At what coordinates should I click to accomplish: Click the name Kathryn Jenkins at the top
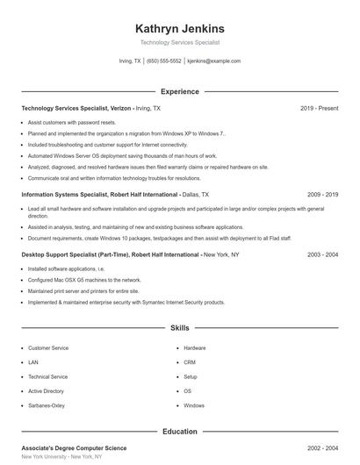[180, 28]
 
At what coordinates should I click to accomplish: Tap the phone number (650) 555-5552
[164, 61]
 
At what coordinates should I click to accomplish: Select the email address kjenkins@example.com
[214, 61]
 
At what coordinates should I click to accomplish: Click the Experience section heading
[180, 91]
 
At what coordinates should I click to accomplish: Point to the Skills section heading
[180, 327]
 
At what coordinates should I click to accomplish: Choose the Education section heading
[180, 431]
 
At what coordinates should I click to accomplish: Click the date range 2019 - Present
[319, 108]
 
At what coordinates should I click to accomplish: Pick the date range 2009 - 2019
[322, 194]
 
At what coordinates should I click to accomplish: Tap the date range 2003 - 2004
[322, 254]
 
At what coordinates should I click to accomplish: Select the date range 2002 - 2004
[322, 447]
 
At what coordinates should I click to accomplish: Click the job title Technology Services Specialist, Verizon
[77, 108]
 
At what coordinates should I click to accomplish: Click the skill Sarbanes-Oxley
[47, 405]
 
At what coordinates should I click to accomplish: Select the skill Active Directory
[47, 391]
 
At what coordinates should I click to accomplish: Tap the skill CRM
[190, 362]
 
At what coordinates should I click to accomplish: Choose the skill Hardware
[195, 348]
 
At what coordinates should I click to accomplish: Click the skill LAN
[33, 362]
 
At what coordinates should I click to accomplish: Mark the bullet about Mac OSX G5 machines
[72, 280]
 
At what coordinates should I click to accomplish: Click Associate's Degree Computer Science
[74, 447]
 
